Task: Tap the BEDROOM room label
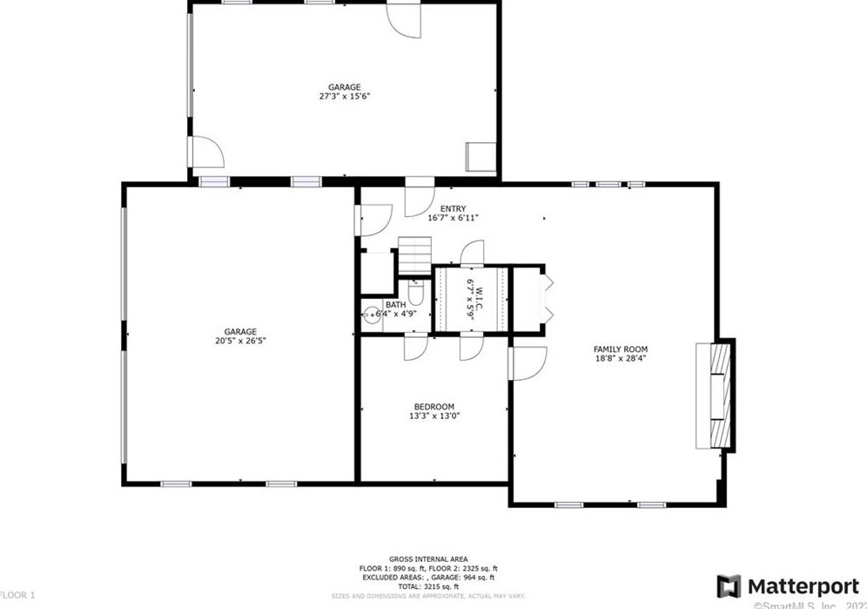[433, 406]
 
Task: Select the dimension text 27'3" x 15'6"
[344, 97]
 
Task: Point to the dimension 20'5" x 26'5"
[240, 341]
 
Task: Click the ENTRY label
[453, 208]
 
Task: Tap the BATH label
[395, 304]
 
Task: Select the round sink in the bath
[372, 316]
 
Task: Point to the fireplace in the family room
[715, 394]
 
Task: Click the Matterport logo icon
[729, 585]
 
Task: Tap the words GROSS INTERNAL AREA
[427, 558]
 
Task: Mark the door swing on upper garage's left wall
[207, 153]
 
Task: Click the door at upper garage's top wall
[403, 19]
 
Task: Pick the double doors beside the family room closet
[547, 299]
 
